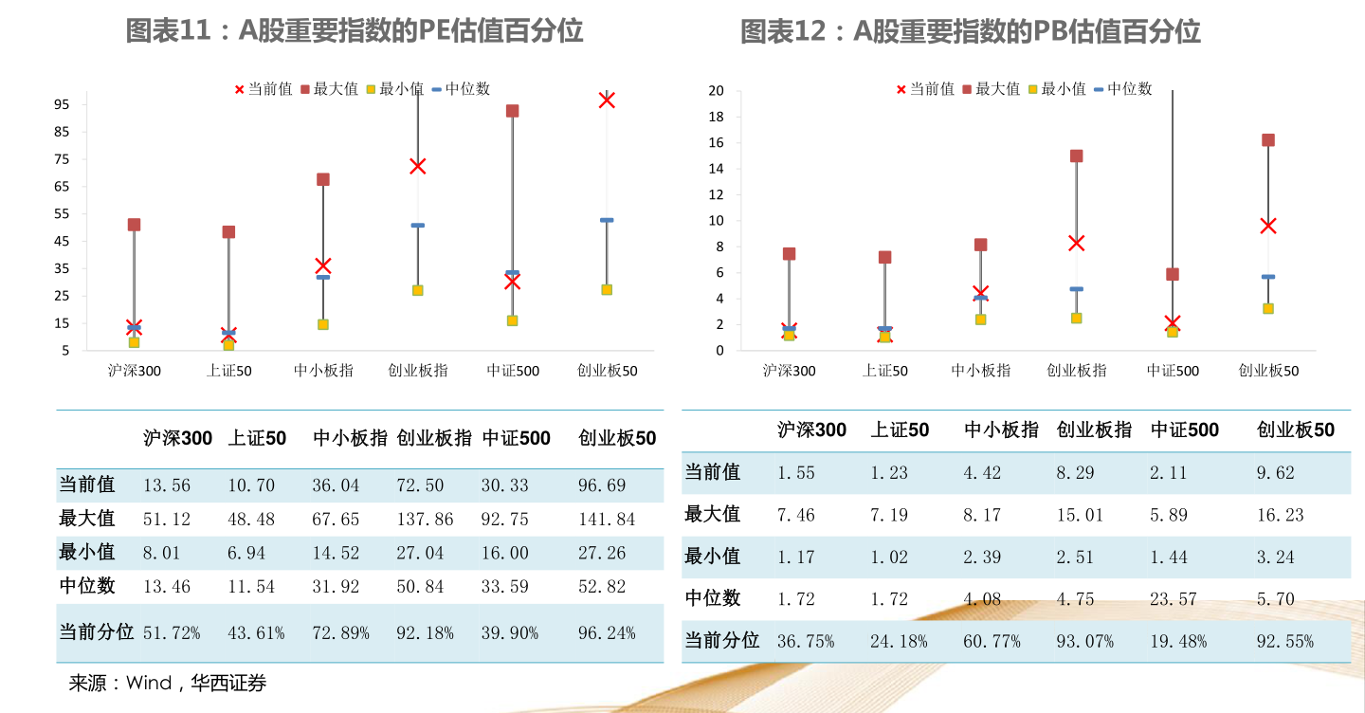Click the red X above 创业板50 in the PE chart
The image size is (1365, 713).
(607, 100)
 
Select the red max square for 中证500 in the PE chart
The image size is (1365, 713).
(512, 111)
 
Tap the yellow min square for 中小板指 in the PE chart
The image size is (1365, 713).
(323, 324)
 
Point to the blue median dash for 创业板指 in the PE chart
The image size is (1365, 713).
(417, 226)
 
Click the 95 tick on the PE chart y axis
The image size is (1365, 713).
(62, 104)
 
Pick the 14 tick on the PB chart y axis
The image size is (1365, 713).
(716, 169)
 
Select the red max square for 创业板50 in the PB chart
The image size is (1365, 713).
(1267, 140)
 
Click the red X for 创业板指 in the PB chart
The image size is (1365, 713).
(1076, 243)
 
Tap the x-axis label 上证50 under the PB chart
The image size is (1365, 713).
(884, 371)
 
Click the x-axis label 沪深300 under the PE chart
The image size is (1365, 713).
(134, 371)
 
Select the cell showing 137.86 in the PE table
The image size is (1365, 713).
(425, 520)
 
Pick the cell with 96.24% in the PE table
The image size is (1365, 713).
(607, 633)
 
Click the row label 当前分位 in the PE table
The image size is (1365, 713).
(96, 632)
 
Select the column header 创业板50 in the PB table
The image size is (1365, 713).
(1295, 430)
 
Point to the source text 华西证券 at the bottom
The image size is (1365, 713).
(228, 683)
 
